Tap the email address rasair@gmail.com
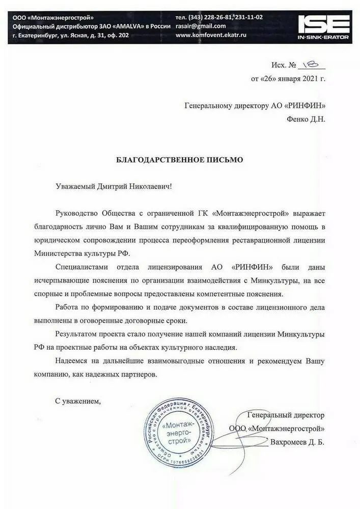(x=201, y=26)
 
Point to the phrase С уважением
(x=78, y=401)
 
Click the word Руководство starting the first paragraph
(x=78, y=213)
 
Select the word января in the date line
(x=289, y=79)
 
